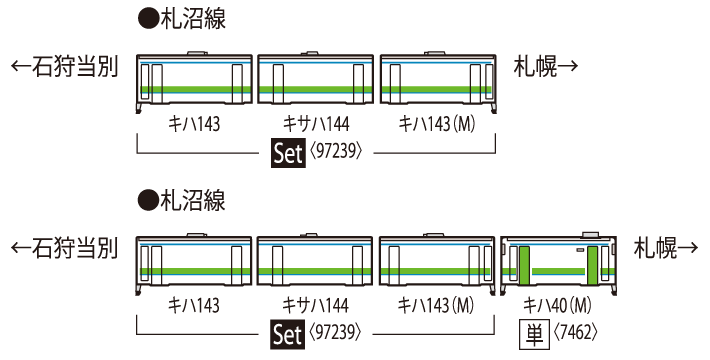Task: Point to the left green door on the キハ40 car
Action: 523,266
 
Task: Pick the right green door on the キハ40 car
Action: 591,266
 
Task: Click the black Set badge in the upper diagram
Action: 287,153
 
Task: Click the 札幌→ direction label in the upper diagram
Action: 547,67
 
